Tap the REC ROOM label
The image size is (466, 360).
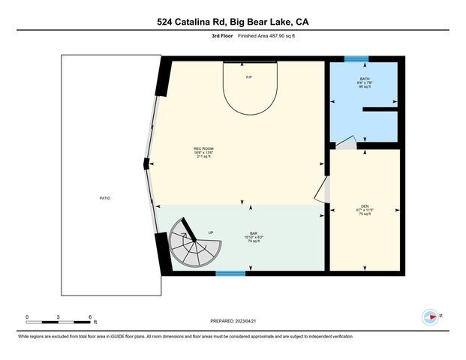[x=204, y=149]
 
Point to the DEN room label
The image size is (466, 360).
[x=365, y=206]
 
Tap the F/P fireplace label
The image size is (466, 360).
[x=249, y=77]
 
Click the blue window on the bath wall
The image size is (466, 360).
[x=356, y=58]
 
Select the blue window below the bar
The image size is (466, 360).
[x=230, y=273]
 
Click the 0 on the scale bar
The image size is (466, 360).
[x=27, y=316]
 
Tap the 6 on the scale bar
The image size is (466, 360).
[x=89, y=316]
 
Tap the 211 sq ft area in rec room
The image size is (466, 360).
[x=204, y=157]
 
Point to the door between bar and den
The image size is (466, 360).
[x=326, y=190]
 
